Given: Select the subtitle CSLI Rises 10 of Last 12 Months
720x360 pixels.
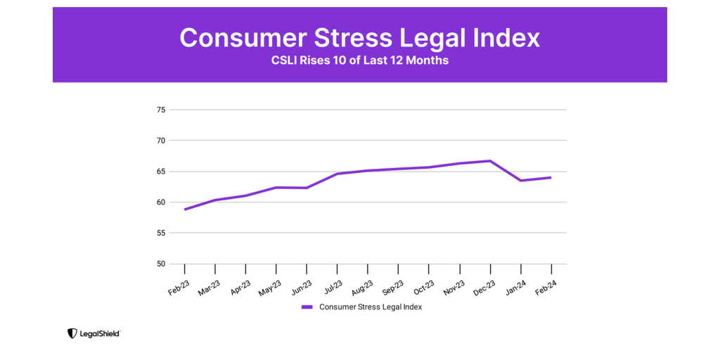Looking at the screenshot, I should coord(360,60).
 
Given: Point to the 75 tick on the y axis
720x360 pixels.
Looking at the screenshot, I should coord(161,110).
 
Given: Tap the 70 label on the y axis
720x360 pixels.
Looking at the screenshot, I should coord(161,141).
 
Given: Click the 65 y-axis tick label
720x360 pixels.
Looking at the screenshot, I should coord(161,172).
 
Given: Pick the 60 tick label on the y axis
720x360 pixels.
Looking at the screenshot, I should coord(161,202).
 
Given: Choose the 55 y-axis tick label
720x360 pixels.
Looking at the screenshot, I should coord(161,233).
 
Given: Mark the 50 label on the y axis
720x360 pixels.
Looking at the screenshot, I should coord(161,264).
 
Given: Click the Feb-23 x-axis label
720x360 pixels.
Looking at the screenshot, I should coord(179,287).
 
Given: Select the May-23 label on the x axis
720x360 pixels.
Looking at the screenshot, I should coord(271,287).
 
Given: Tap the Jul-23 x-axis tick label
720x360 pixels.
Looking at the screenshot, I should coord(332,287).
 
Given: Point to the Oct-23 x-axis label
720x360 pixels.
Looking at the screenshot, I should coord(424,287).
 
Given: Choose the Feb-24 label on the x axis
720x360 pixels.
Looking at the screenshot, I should coord(546,287).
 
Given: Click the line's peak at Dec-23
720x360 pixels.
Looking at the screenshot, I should coord(490,161).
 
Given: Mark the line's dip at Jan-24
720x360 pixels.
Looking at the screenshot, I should coord(521,181).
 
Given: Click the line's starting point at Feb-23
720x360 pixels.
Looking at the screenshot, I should coord(185,210).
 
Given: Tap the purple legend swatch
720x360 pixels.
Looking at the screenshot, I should coord(307,307).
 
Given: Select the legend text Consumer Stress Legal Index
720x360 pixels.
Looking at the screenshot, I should coord(371,307).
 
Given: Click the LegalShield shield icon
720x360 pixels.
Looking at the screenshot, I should coord(72,333).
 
